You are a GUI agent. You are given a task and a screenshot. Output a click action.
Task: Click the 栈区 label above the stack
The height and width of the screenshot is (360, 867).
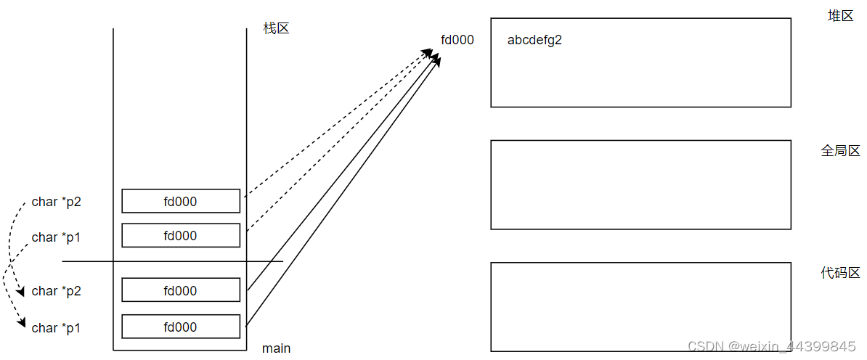(x=276, y=29)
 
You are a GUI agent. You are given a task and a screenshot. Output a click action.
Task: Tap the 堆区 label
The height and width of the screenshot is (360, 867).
(x=840, y=16)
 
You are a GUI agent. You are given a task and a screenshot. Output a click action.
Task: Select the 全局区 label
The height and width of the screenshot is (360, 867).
(x=840, y=151)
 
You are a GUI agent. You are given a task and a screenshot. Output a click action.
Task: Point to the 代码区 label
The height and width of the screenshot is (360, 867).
(x=840, y=273)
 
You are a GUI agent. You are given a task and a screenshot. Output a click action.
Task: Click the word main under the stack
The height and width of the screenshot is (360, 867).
(x=276, y=348)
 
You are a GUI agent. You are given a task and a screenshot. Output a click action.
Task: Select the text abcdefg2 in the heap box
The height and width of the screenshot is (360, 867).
(x=534, y=40)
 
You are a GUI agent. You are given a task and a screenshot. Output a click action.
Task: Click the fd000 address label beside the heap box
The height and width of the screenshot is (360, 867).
(x=457, y=40)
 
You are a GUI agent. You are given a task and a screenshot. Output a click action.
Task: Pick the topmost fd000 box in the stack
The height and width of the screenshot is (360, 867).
(x=181, y=201)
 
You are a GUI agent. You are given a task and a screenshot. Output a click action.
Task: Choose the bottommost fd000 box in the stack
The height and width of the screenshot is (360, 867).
(x=181, y=327)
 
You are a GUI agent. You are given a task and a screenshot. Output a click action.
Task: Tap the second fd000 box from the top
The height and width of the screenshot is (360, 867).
(x=181, y=235)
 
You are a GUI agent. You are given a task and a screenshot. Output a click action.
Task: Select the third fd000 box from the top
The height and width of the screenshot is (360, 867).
(x=181, y=290)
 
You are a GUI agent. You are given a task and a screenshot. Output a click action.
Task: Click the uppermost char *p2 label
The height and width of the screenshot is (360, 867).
(x=57, y=202)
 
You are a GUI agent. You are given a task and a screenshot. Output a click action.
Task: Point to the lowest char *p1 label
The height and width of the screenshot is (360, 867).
(x=57, y=328)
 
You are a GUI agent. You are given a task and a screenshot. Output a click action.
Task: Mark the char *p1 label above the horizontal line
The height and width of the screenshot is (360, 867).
(x=57, y=237)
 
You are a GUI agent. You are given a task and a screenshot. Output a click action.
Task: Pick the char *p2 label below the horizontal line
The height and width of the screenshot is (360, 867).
(x=57, y=291)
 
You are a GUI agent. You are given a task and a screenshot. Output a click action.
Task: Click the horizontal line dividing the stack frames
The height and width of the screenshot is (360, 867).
(x=87, y=261)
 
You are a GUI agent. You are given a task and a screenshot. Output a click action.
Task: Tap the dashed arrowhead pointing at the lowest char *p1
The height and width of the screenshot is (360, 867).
(x=23, y=323)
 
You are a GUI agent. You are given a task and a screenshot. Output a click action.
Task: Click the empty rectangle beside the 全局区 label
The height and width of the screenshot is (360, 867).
(x=640, y=184)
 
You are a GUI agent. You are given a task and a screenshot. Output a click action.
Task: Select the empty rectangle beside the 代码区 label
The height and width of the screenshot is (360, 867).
(x=640, y=306)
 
